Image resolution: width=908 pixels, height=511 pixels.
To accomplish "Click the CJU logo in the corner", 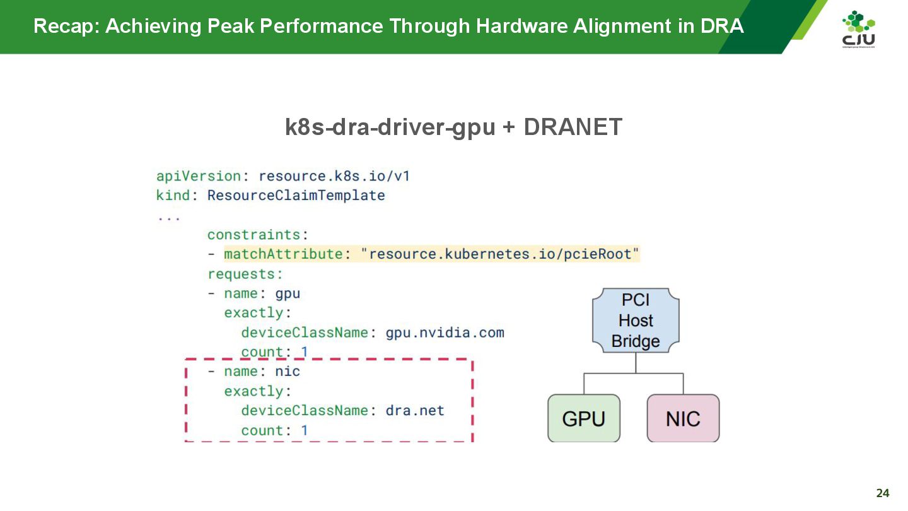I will click(858, 29).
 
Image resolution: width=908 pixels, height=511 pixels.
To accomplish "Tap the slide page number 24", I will click(883, 493).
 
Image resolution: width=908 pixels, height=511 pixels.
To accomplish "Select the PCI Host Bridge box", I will click(636, 320).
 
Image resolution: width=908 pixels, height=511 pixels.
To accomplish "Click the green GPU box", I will click(583, 418).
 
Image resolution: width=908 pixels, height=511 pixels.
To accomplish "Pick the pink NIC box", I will click(683, 418).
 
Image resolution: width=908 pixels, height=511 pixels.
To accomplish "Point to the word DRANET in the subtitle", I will click(573, 127).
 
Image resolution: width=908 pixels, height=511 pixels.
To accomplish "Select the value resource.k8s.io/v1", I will click(334, 176).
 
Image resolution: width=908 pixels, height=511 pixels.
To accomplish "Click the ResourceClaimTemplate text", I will click(296, 196).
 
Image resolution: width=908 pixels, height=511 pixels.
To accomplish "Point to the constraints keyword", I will click(253, 235).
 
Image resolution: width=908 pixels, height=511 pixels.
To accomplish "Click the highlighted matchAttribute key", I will click(282, 254).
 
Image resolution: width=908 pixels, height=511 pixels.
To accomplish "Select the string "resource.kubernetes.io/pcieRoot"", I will click(499, 254).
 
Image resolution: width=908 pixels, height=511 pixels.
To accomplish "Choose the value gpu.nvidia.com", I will click(445, 332).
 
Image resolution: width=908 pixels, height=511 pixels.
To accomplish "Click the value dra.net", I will click(415, 411).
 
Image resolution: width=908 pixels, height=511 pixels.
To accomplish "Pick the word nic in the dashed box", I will click(288, 372).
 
